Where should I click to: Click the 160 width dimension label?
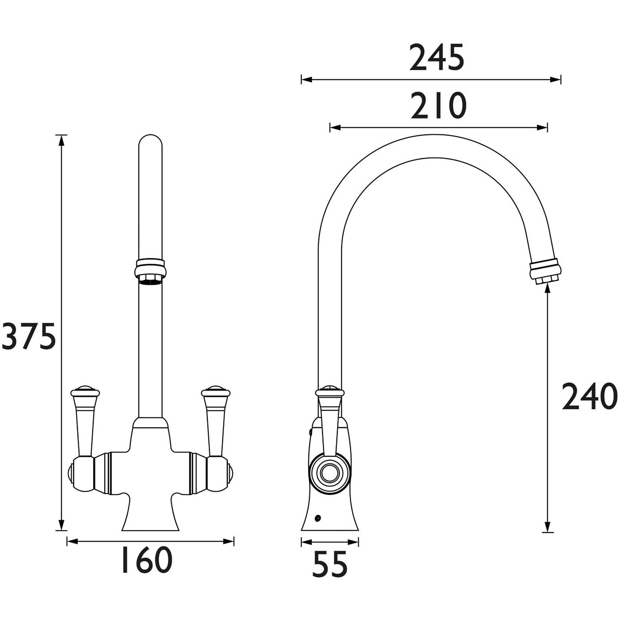click(x=146, y=560)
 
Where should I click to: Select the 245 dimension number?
click(x=437, y=58)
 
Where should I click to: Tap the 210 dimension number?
click(x=438, y=106)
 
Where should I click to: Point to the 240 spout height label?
click(x=589, y=397)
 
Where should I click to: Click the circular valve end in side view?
click(x=330, y=473)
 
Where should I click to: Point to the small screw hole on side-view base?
click(x=318, y=519)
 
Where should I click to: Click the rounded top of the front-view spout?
click(x=150, y=142)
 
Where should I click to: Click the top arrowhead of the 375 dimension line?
click(x=61, y=140)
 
